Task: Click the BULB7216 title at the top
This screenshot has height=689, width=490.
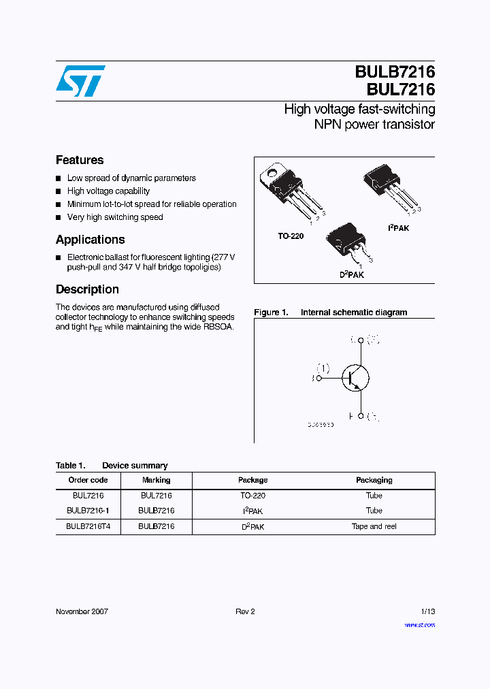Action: pyautogui.click(x=394, y=71)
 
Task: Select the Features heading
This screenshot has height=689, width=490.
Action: pyautogui.click(x=80, y=160)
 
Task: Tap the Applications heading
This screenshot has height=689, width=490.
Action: pyautogui.click(x=90, y=240)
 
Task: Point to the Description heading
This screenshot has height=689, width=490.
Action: pyautogui.click(x=87, y=289)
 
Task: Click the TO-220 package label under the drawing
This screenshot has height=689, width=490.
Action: pyautogui.click(x=291, y=236)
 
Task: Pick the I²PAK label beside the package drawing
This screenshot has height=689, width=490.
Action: pyautogui.click(x=398, y=228)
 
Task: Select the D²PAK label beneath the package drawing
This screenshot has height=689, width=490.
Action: pyautogui.click(x=352, y=274)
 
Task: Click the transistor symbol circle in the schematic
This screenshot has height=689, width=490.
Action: pyautogui.click(x=355, y=377)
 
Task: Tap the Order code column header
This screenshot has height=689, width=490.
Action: pyautogui.click(x=89, y=480)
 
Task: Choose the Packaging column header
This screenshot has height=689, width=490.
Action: pyautogui.click(x=374, y=480)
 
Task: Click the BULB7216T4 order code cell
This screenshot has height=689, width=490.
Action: pyautogui.click(x=88, y=526)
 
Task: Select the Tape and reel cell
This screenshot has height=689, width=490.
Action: pyautogui.click(x=374, y=526)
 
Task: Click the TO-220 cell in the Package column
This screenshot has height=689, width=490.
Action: pyautogui.click(x=252, y=496)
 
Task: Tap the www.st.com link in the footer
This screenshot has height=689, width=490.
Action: pyautogui.click(x=419, y=625)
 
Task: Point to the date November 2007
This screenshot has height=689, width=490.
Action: pyautogui.click(x=82, y=611)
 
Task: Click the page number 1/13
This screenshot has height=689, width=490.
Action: pyautogui.click(x=427, y=611)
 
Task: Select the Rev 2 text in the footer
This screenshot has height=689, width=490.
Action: pyautogui.click(x=245, y=611)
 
